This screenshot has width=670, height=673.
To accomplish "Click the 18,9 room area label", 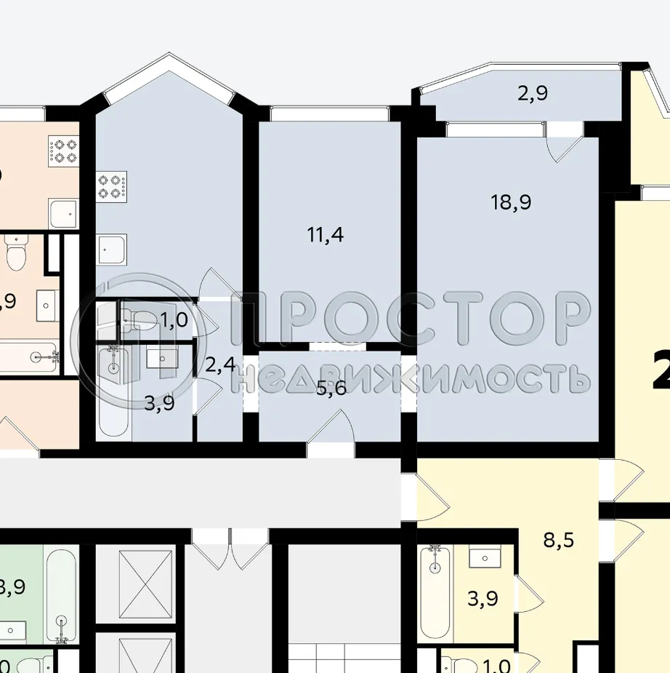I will click(511, 202).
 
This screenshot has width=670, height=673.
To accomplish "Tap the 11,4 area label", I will click(325, 235).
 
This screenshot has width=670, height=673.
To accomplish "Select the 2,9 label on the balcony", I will click(533, 93).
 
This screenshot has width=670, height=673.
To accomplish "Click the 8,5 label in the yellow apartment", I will click(557, 540).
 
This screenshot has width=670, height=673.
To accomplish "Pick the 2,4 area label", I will click(219, 364).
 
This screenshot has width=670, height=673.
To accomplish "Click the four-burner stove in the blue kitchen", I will click(112, 186).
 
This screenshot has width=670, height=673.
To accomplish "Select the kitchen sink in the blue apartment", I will click(112, 249).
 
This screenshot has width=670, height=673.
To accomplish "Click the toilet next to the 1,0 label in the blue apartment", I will click(137, 318).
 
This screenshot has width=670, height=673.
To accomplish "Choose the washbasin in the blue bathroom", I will click(162, 358).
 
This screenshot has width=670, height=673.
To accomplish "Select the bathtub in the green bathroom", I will click(61, 593).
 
